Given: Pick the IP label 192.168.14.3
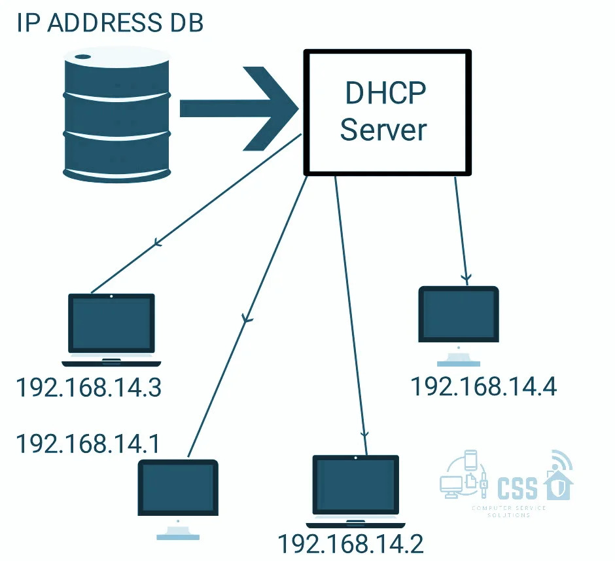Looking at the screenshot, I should [x=88, y=388].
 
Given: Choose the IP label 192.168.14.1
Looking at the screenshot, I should [x=88, y=444].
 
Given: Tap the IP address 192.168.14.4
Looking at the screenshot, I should [x=483, y=386].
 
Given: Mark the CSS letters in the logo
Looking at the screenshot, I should [x=518, y=488].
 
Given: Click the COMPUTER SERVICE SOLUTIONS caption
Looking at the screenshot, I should [x=508, y=511].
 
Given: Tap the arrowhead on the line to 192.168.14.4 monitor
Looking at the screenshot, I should [x=466, y=278].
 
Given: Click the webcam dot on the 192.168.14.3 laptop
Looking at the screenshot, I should [x=111, y=297].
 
